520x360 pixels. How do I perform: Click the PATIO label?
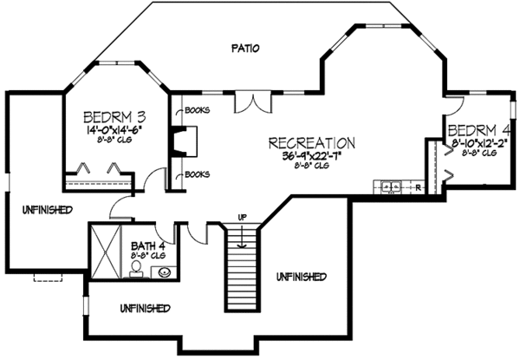[x=247, y=49]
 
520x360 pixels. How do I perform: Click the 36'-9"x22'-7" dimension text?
[x=312, y=156]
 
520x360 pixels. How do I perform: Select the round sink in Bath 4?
[x=164, y=273]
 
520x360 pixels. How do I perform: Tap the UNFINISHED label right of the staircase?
[x=302, y=277]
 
